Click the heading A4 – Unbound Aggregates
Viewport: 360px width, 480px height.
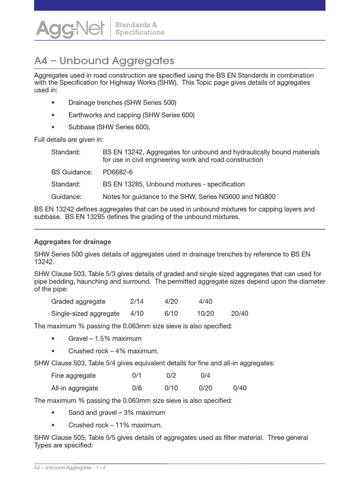click(x=104, y=60)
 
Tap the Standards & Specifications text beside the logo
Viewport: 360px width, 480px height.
click(x=139, y=28)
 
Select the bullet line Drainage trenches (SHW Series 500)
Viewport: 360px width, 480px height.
click(x=122, y=102)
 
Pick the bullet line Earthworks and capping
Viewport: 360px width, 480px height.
click(x=131, y=115)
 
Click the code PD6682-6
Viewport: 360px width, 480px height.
click(x=118, y=172)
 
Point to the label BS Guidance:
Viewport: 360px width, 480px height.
click(x=72, y=172)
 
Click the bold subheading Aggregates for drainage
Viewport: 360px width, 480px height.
click(x=73, y=242)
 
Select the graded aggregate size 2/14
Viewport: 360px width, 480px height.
click(x=137, y=301)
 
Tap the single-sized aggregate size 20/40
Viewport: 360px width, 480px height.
click(x=240, y=314)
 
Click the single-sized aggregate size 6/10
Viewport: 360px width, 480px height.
click(x=171, y=314)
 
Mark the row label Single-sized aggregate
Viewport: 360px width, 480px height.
click(x=85, y=314)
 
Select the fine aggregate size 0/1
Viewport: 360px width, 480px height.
click(x=136, y=375)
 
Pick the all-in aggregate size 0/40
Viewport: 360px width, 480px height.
click(x=240, y=388)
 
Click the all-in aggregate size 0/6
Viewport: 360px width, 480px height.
click(x=136, y=388)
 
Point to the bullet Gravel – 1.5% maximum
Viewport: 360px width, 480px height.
click(x=105, y=338)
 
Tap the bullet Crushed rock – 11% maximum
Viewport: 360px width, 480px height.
click(x=115, y=425)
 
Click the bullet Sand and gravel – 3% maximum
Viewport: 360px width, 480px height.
click(x=117, y=412)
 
